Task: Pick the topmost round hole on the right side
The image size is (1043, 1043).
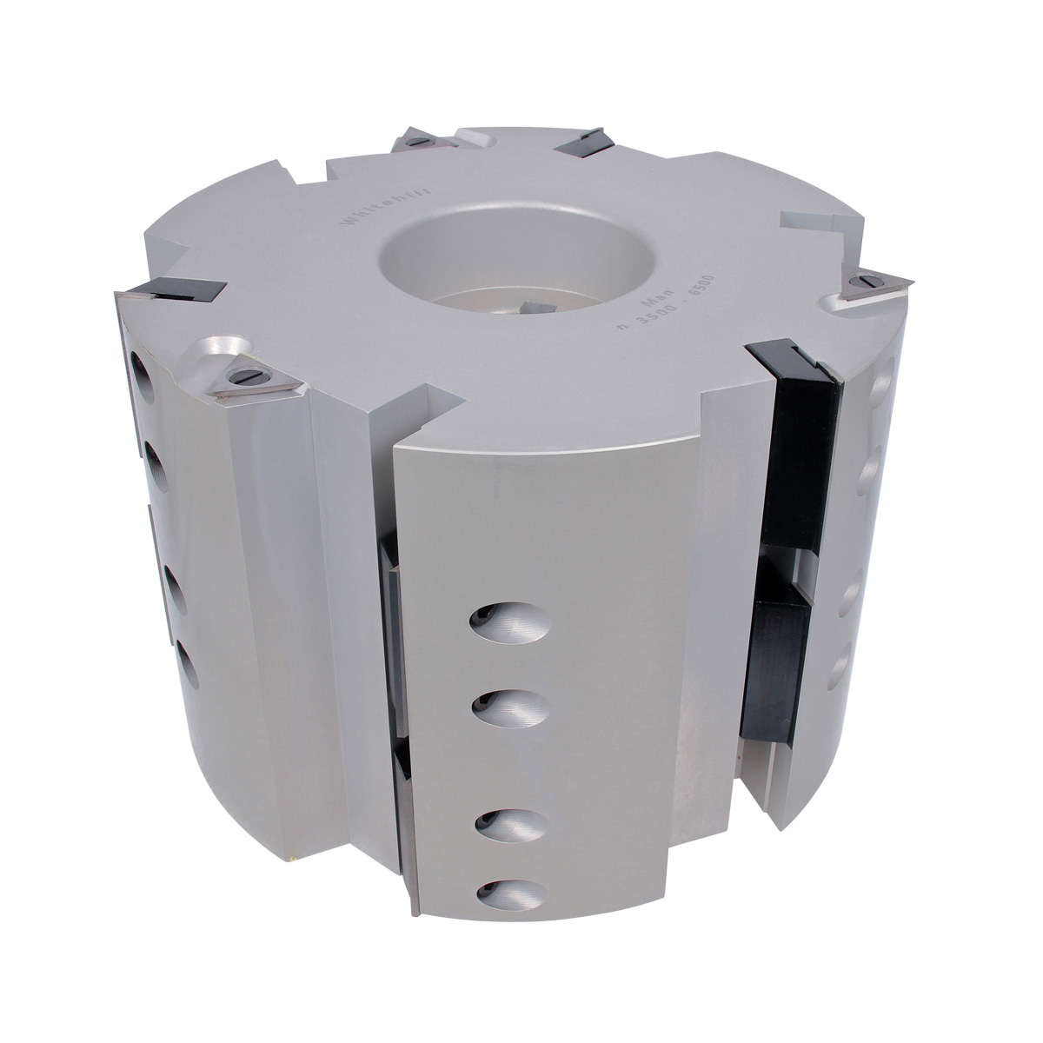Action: tap(881, 383)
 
